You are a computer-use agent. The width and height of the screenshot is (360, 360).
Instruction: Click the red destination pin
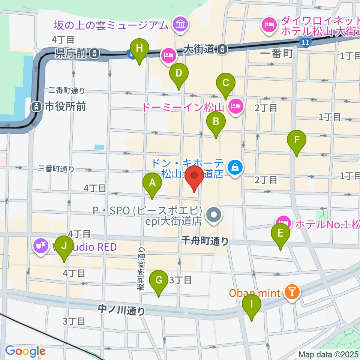pos(194,176)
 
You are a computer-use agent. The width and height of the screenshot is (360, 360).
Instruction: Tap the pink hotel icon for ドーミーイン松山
pos(235,107)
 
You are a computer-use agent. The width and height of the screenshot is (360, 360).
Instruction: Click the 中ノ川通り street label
pos(121,310)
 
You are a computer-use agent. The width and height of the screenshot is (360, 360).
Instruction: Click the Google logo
pos(25,351)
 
